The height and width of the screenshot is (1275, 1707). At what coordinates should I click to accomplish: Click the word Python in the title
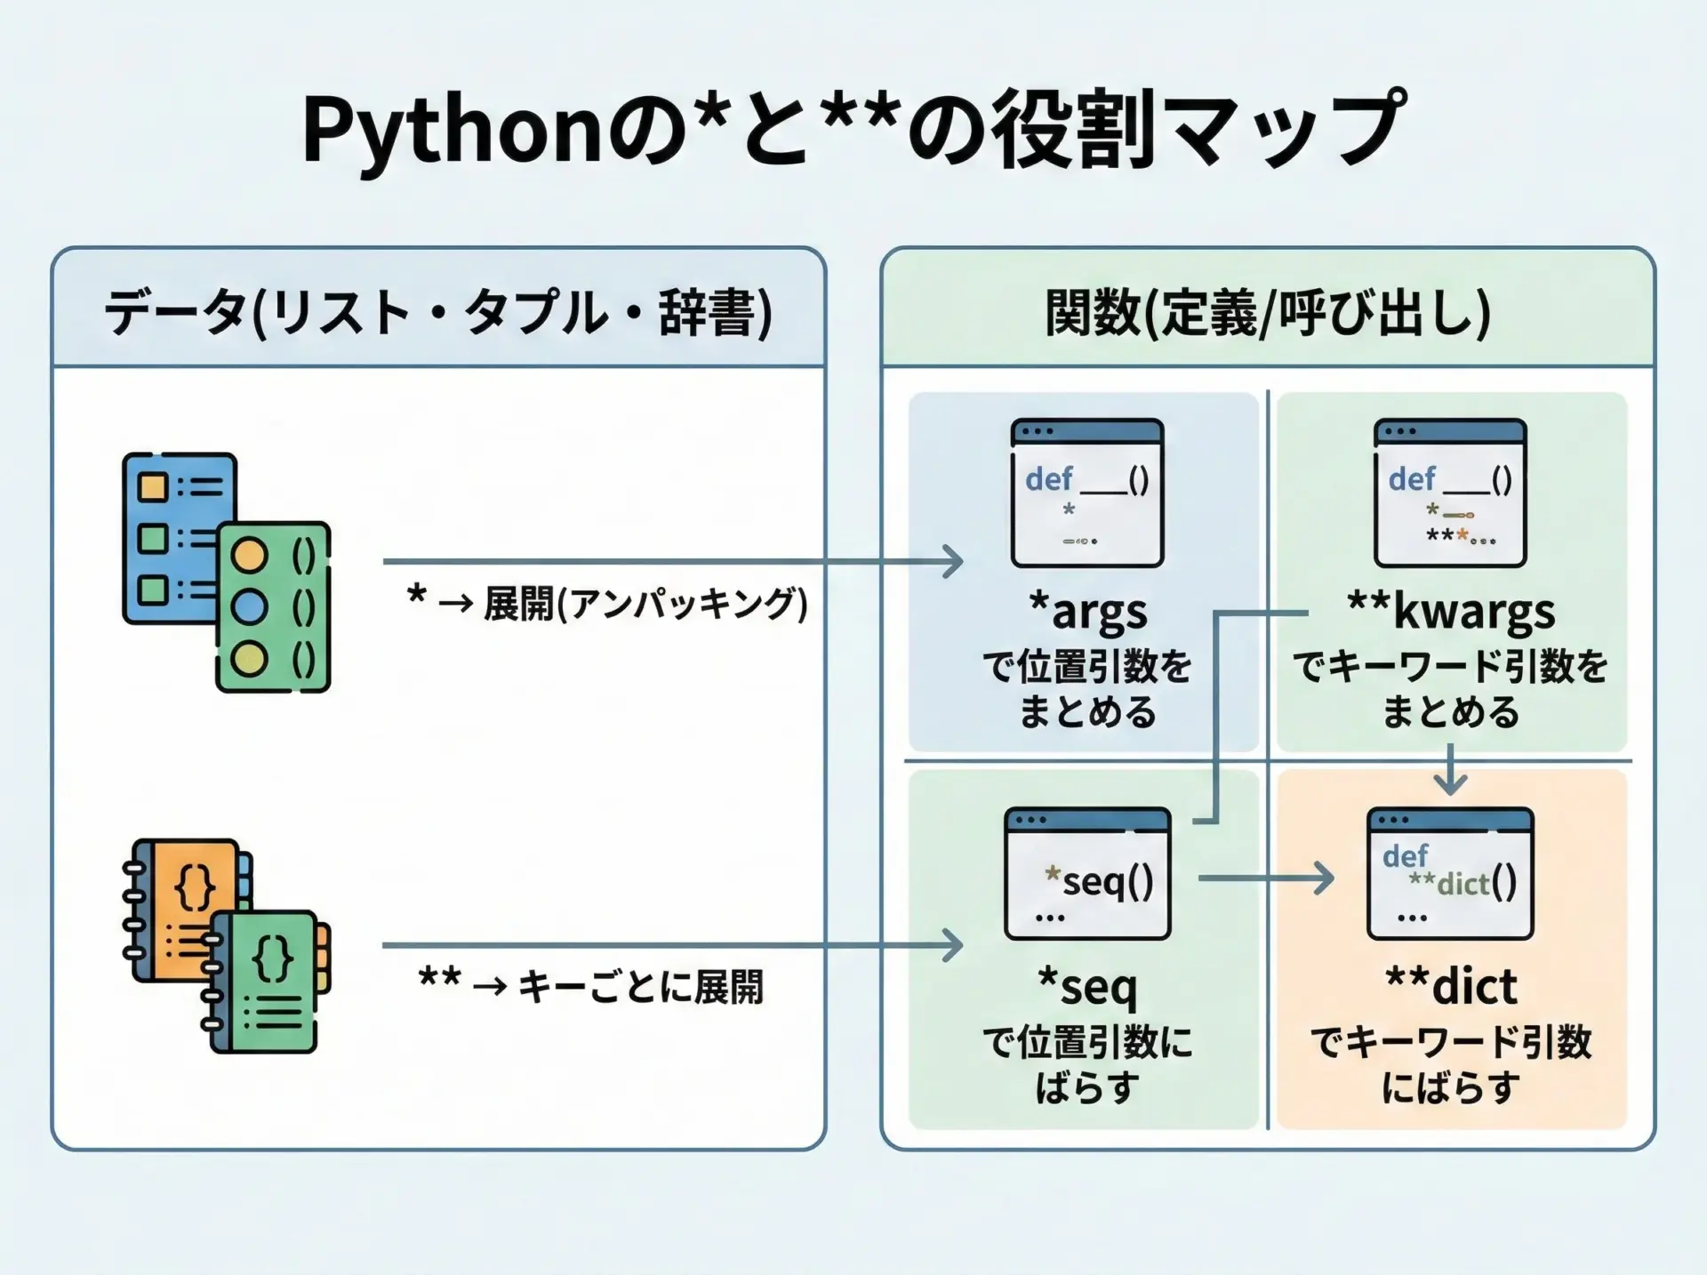click(453, 132)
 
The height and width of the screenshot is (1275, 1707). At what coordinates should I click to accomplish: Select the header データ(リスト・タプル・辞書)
click(438, 312)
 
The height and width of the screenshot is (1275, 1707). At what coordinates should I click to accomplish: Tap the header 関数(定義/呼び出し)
click(1267, 312)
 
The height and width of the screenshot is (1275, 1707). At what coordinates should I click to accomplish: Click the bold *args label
click(1087, 612)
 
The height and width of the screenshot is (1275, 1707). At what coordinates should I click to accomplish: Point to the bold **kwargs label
click(1451, 612)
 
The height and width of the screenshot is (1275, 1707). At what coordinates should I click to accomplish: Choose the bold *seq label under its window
click(1087, 986)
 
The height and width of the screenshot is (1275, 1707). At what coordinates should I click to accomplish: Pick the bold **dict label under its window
click(1451, 986)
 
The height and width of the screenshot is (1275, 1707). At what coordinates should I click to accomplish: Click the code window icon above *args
click(1087, 493)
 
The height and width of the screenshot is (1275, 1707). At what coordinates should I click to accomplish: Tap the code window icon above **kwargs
click(1450, 493)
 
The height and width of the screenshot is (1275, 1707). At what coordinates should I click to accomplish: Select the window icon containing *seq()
click(1087, 874)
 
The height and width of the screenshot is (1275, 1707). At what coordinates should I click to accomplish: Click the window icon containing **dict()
click(1450, 874)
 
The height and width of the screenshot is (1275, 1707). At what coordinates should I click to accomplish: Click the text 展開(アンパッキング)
click(645, 605)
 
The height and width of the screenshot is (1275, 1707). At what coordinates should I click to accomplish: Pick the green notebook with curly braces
click(267, 982)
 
